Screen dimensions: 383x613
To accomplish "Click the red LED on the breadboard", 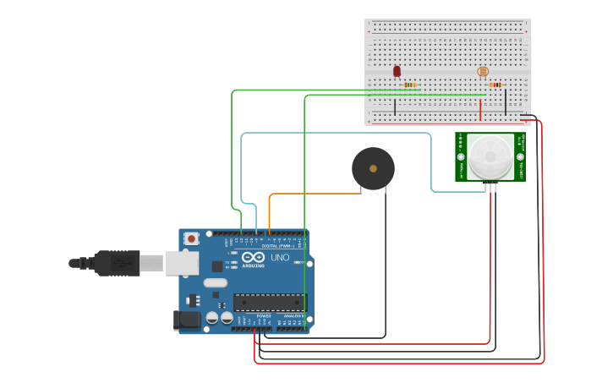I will tap(397, 72).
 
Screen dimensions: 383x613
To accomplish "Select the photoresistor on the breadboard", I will tap(483, 73).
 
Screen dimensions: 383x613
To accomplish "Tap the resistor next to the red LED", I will tap(410, 85).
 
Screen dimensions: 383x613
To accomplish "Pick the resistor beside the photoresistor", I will tap(495, 85).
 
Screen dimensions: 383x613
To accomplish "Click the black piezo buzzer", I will tap(373, 168).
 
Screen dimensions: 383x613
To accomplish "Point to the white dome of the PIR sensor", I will tap(490, 155).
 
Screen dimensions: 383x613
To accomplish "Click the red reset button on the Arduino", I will tap(191, 239).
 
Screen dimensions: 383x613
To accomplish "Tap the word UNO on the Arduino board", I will tap(280, 258).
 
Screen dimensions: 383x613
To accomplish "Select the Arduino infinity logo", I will tap(253, 257).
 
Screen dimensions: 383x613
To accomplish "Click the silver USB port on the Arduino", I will tap(181, 264).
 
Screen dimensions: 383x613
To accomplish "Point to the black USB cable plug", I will tap(117, 263).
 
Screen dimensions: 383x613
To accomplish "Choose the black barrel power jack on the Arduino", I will tap(187, 320).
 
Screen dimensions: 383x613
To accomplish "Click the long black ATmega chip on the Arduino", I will tap(269, 302).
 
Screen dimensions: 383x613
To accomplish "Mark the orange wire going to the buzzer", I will tap(313, 194).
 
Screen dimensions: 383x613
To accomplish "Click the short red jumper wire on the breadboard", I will tap(480, 110).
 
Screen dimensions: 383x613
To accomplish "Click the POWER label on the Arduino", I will tap(264, 315).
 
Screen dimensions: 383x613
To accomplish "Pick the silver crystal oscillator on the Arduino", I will tap(215, 283).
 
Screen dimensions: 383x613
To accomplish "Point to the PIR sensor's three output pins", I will tap(490, 187).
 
